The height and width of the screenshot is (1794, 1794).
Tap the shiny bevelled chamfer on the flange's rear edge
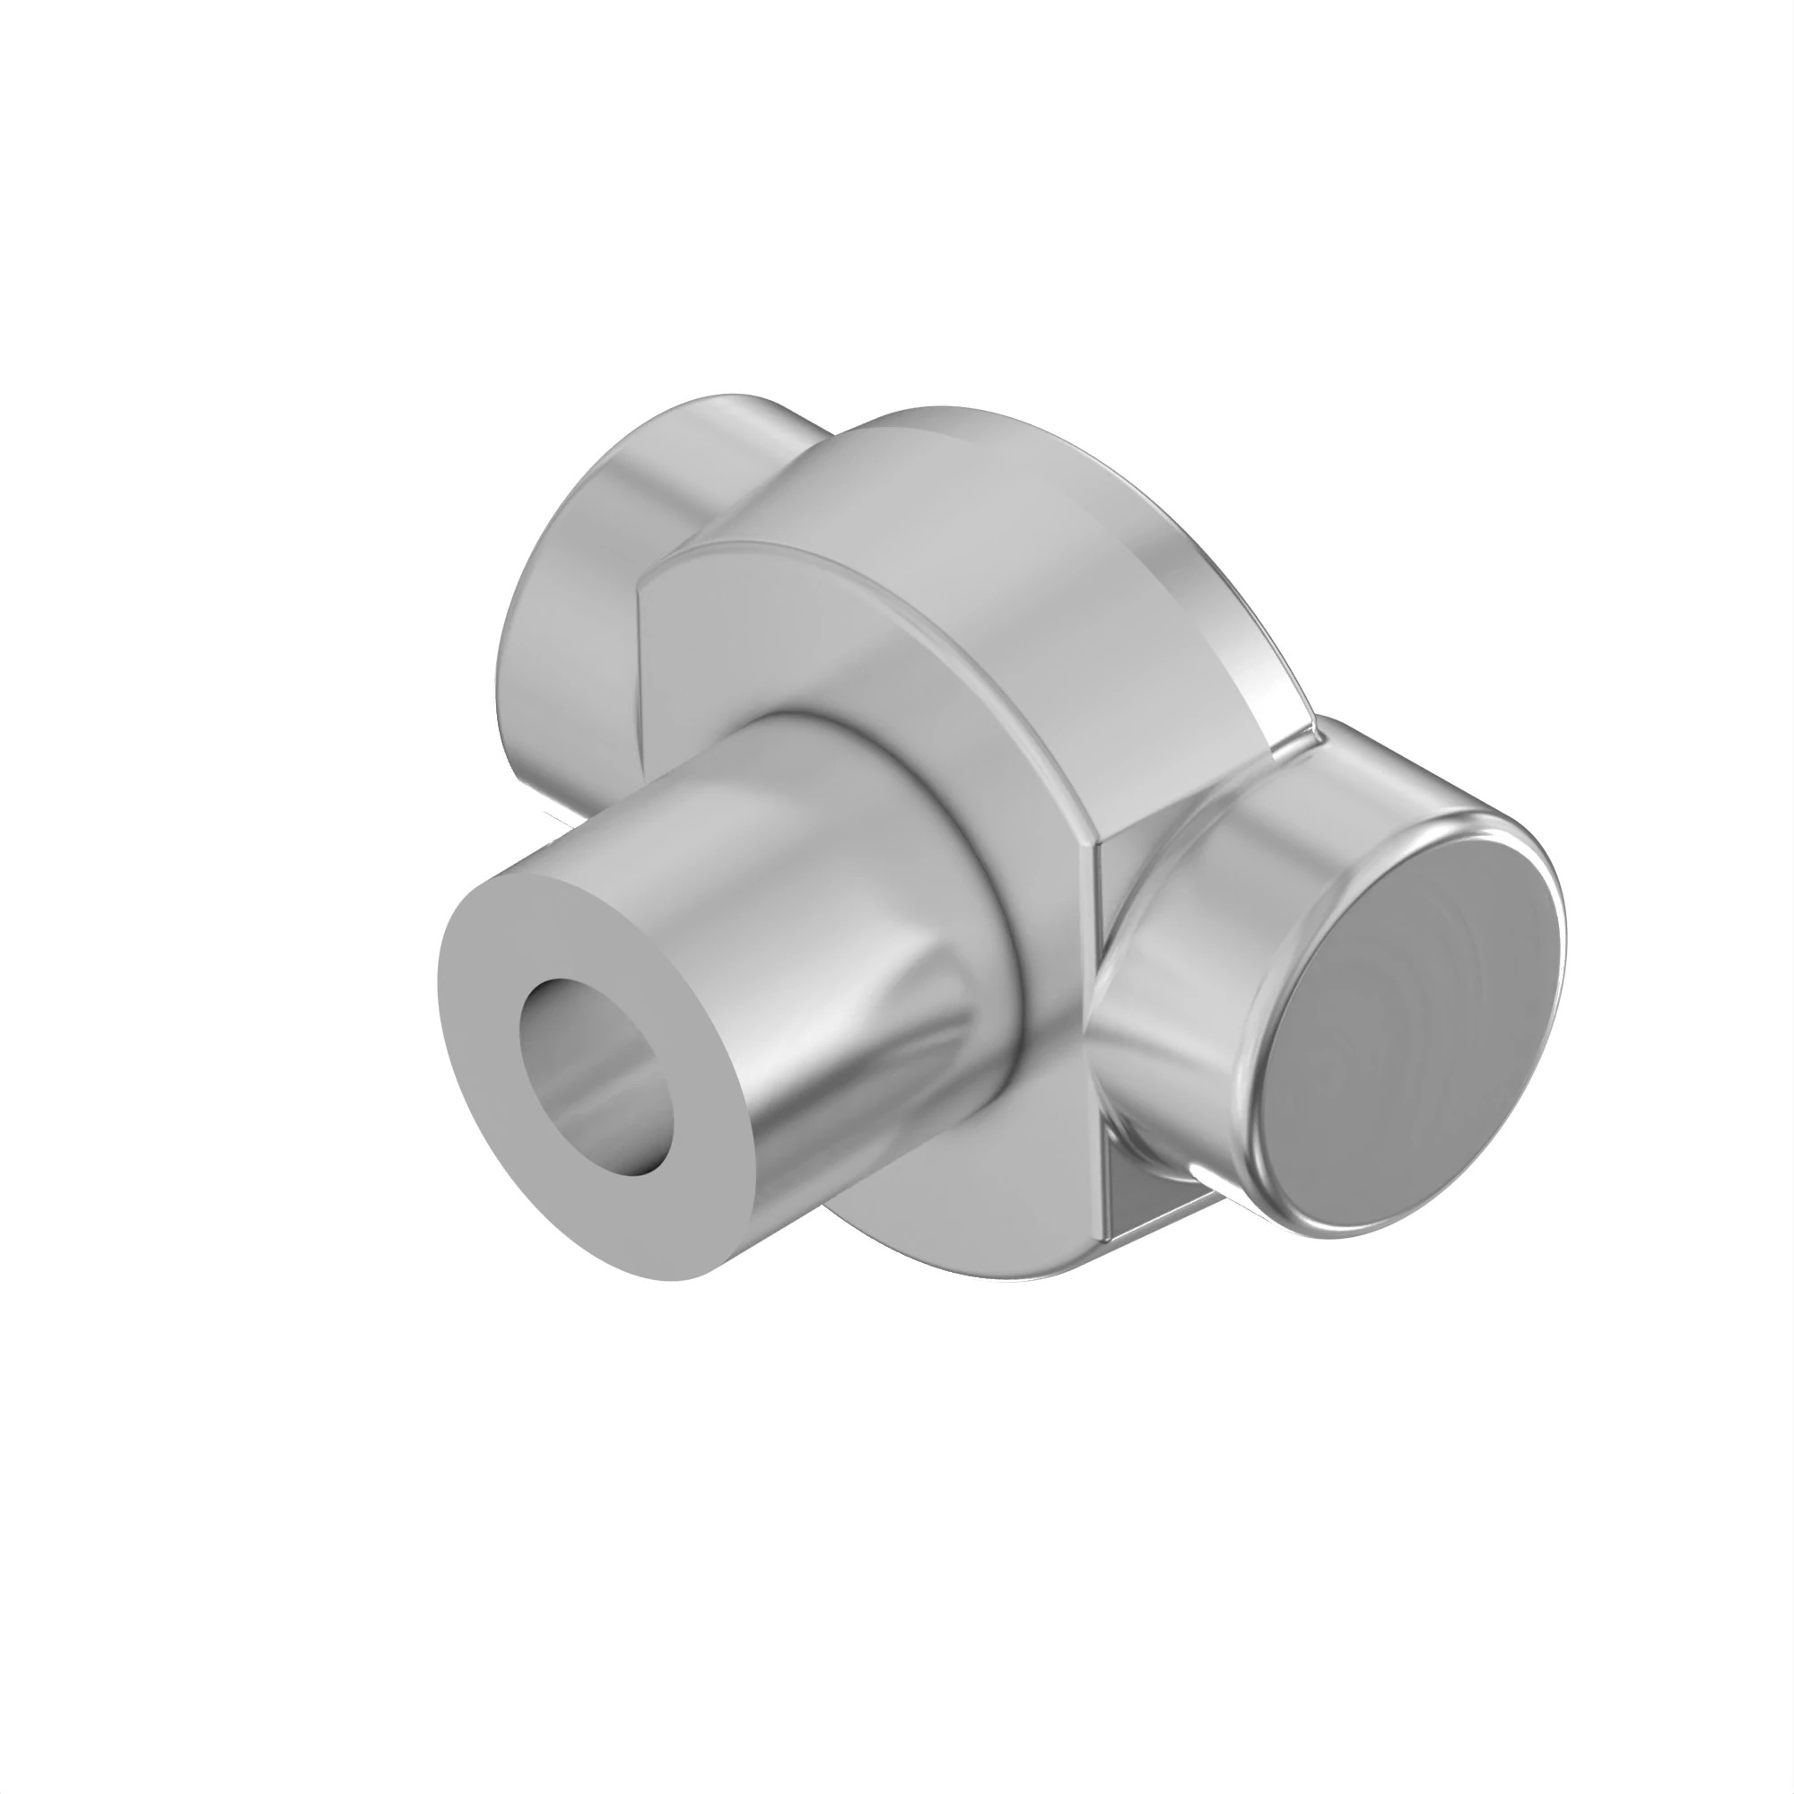click(x=1197, y=595)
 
